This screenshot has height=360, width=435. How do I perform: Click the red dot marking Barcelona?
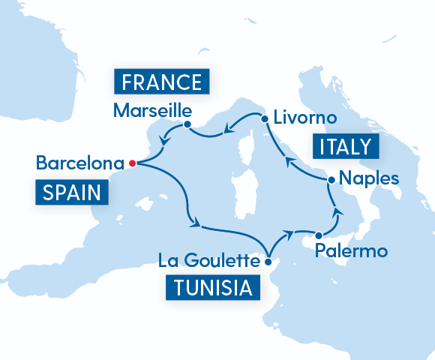(x=132, y=162)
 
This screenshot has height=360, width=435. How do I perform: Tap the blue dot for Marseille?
(x=187, y=124)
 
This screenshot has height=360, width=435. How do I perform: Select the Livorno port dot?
(x=264, y=118)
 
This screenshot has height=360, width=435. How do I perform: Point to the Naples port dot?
(x=329, y=180)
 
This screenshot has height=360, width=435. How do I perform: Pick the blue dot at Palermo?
(x=319, y=234)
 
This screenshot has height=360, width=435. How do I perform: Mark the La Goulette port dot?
(x=268, y=262)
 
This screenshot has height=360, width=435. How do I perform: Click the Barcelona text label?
(x=79, y=162)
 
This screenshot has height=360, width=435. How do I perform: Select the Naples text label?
(x=364, y=179)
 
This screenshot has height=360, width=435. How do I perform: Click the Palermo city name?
(x=352, y=250)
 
